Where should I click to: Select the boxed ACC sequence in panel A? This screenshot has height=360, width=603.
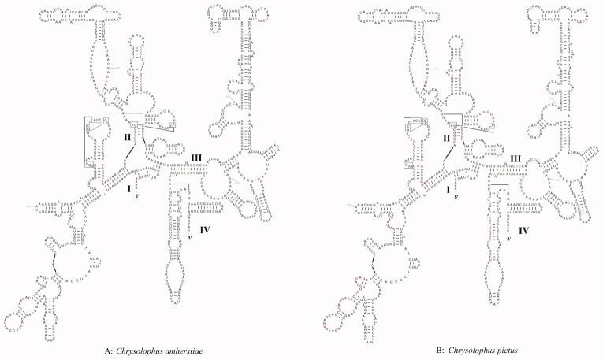[x=98, y=122]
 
